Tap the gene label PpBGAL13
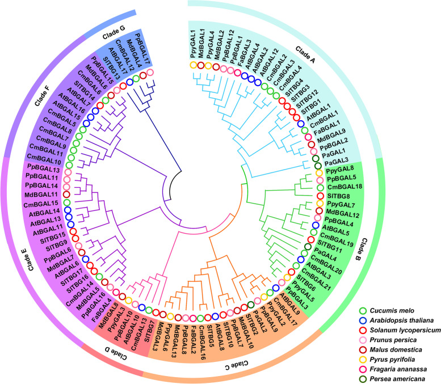tap(43, 168)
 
